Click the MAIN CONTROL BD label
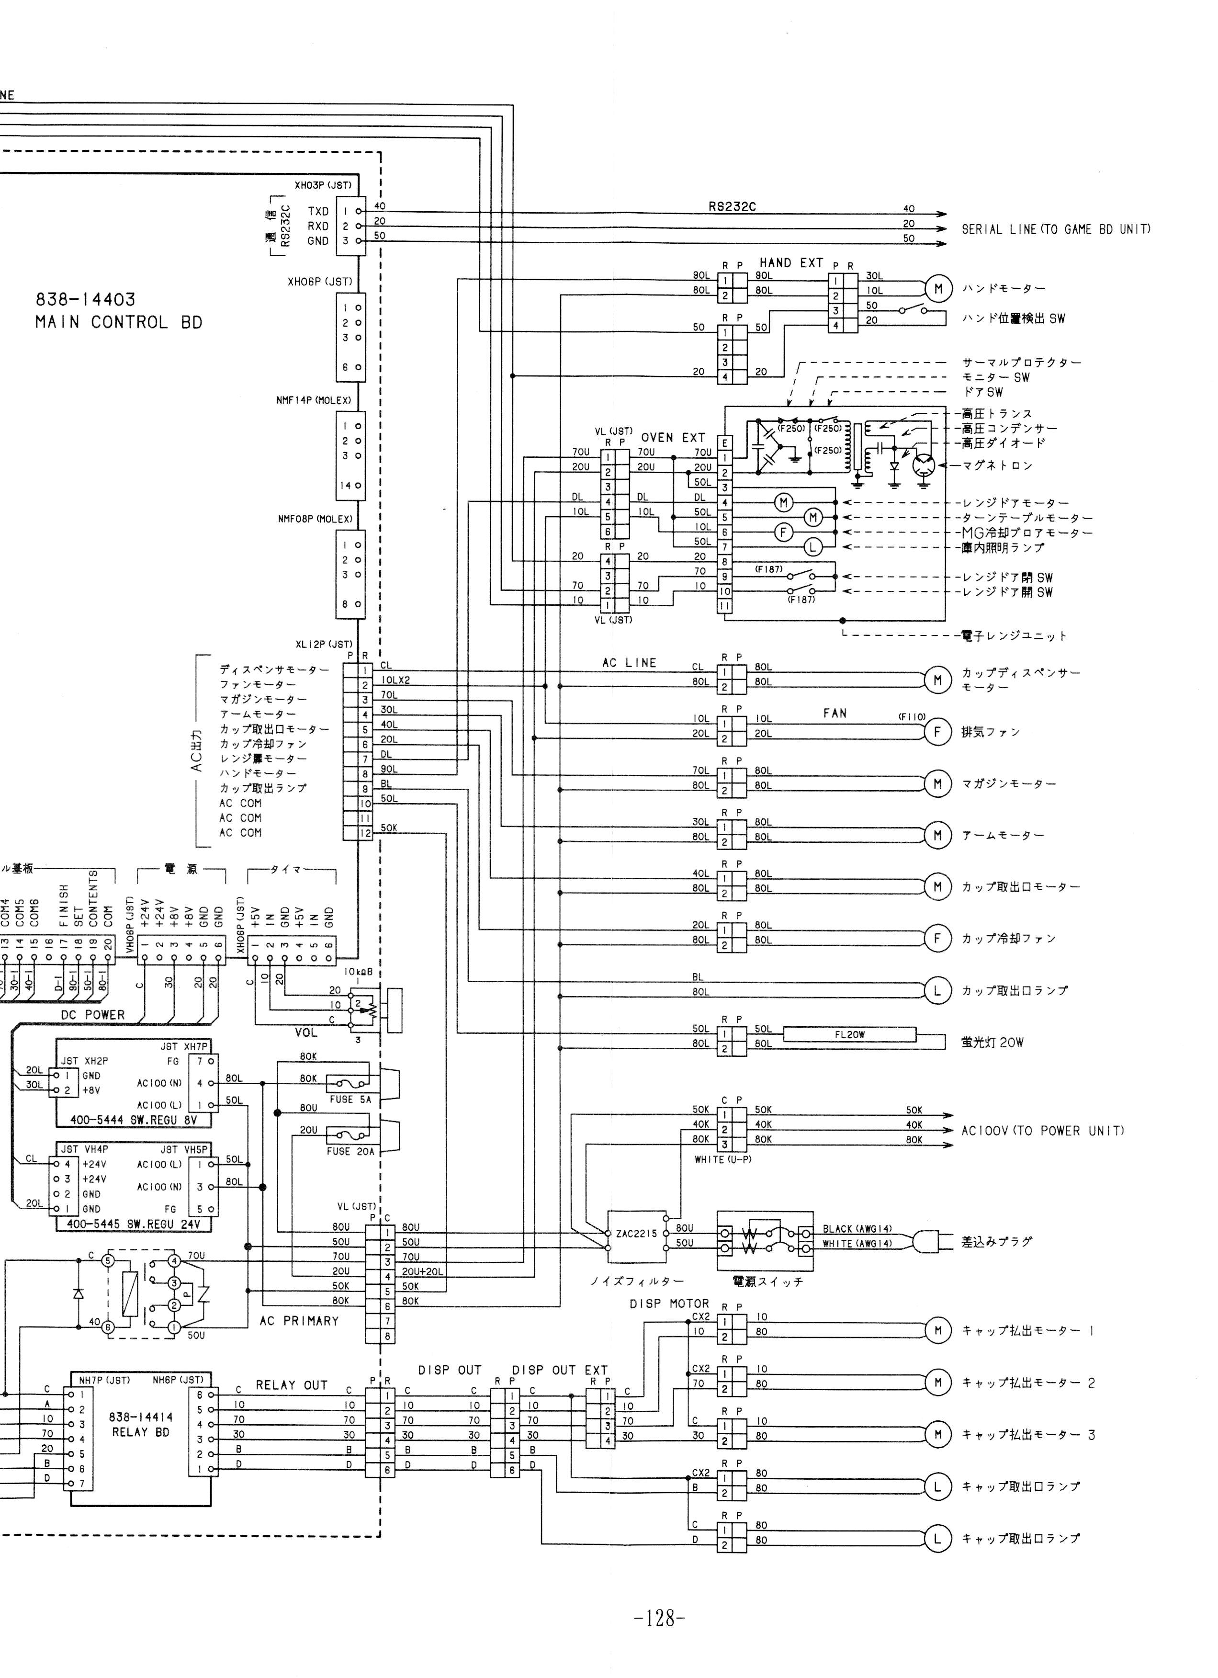click(118, 323)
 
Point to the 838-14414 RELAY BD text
click(140, 1424)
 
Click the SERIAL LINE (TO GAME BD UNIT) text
click(1055, 229)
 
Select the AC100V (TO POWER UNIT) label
click(1042, 1131)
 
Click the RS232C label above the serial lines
click(732, 207)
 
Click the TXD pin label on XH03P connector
click(318, 212)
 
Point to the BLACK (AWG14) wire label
click(857, 1229)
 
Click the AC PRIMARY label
click(299, 1321)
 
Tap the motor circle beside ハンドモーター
click(938, 289)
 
